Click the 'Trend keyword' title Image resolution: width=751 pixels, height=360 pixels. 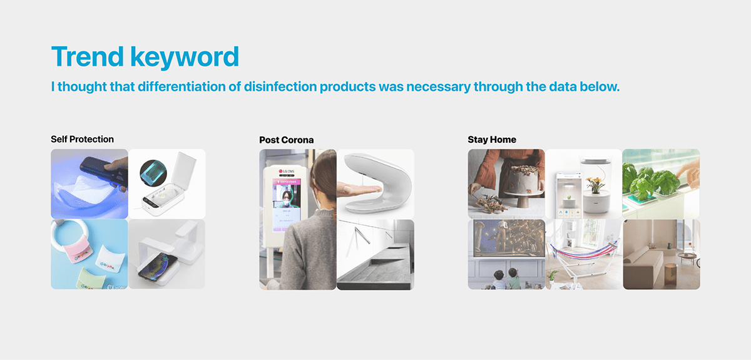pos(145,57)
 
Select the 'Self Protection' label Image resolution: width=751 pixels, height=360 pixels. pos(82,139)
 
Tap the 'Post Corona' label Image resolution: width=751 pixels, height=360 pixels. pos(286,140)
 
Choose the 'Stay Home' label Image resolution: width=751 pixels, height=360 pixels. pos(492,140)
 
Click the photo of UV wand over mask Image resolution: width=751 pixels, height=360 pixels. pos(89,183)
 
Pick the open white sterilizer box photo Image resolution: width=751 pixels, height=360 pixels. pos(167,183)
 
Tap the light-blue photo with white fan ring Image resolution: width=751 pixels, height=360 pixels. pos(89,254)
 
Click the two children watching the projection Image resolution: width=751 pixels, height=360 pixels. pos(506,277)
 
